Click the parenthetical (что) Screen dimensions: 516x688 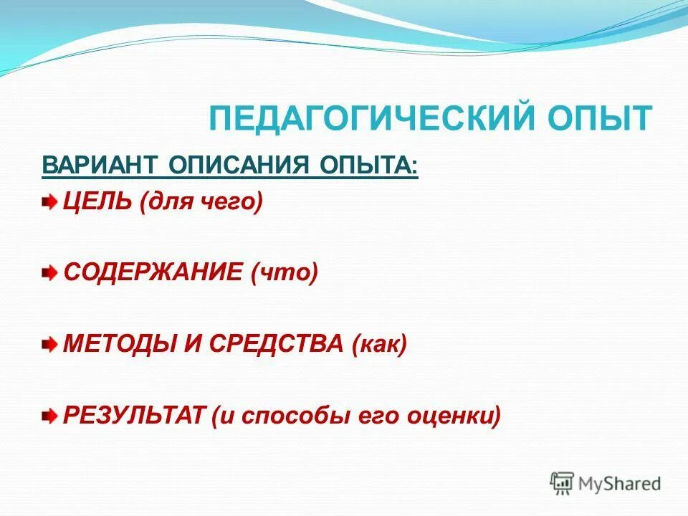284,273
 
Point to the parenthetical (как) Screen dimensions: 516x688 379,344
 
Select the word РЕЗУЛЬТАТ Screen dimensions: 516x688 135,415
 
